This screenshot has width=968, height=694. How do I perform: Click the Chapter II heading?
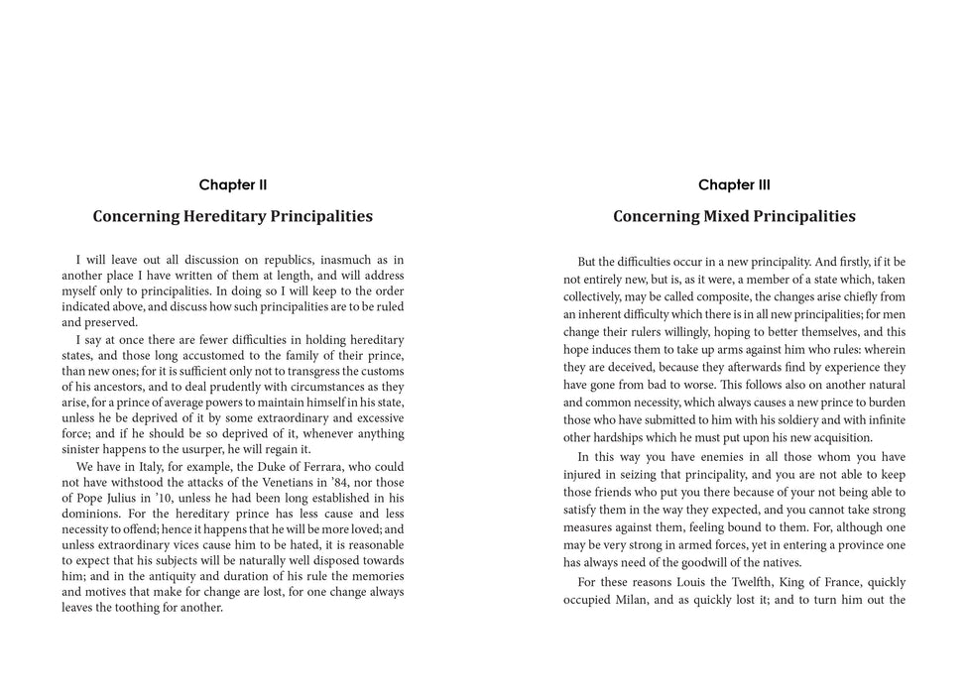(233, 184)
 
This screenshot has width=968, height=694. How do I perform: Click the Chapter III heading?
(734, 184)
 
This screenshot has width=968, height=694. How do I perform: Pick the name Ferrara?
(321, 466)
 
